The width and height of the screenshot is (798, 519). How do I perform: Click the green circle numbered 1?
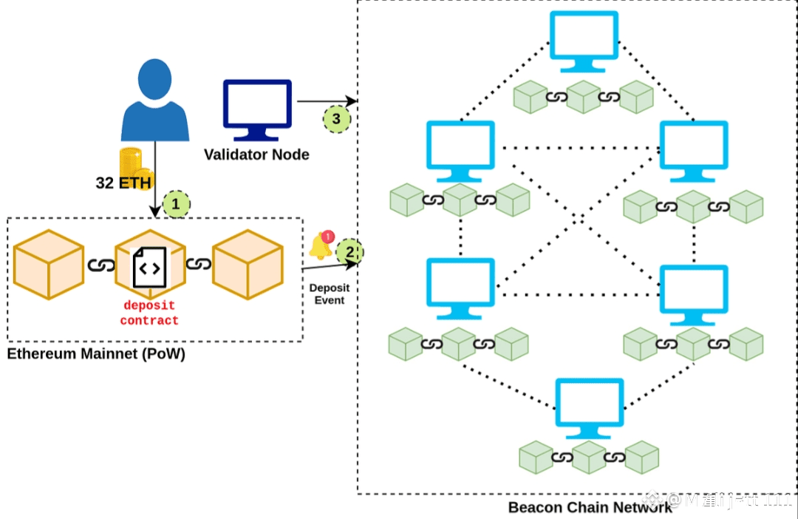click(x=176, y=203)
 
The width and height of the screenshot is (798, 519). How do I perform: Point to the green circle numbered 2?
click(x=350, y=252)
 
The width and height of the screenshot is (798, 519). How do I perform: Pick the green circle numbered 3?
click(x=337, y=118)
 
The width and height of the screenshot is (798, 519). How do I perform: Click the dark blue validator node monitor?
click(x=257, y=109)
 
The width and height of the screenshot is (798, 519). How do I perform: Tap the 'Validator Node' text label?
click(x=256, y=155)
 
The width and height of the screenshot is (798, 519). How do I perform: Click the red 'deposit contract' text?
click(x=149, y=313)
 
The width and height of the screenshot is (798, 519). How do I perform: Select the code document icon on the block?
click(x=149, y=268)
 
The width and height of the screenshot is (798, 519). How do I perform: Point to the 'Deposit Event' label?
click(x=330, y=294)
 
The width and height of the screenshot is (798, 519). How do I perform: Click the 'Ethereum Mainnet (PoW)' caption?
click(x=96, y=354)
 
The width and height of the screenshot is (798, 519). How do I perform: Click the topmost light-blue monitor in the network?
click(x=584, y=41)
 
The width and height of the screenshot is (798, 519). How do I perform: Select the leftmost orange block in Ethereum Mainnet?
click(x=48, y=264)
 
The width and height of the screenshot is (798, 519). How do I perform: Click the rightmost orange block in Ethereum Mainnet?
click(x=248, y=264)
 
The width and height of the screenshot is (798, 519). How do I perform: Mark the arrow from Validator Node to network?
click(x=325, y=101)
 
